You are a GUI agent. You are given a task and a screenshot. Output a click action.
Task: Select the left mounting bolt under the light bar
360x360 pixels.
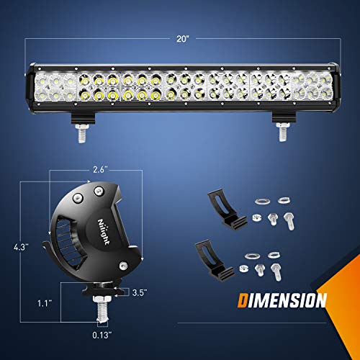point(82,130)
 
